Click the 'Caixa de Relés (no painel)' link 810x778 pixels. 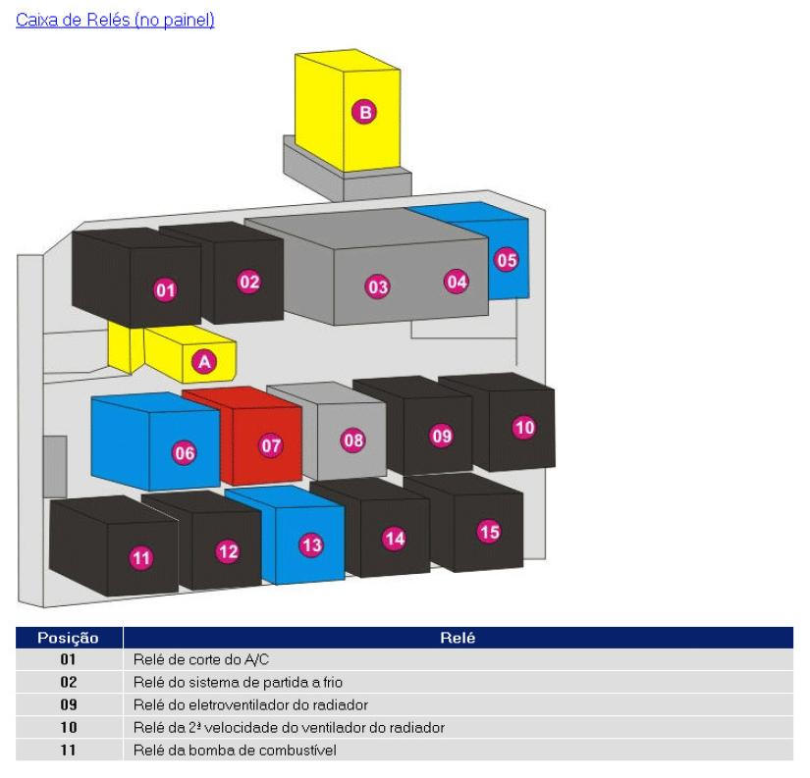[115, 20]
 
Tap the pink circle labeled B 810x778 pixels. [364, 112]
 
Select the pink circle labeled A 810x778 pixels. [204, 361]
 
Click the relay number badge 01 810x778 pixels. [165, 289]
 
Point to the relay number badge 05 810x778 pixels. [507, 260]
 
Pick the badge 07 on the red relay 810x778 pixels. [271, 445]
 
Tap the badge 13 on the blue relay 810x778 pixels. [311, 545]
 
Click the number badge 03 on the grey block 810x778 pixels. [378, 286]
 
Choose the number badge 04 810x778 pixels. [457, 282]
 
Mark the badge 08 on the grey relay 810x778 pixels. [353, 440]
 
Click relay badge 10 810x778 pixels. [524, 427]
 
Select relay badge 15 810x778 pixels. [489, 531]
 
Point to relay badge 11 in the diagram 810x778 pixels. [141, 557]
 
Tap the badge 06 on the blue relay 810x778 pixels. [184, 452]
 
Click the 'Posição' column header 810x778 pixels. [68, 638]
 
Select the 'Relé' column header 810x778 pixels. [458, 638]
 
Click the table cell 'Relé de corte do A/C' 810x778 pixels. [201, 659]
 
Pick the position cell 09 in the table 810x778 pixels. [69, 704]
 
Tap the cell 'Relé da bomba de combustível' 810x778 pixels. [235, 751]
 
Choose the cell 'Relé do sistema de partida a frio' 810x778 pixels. [238, 682]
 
